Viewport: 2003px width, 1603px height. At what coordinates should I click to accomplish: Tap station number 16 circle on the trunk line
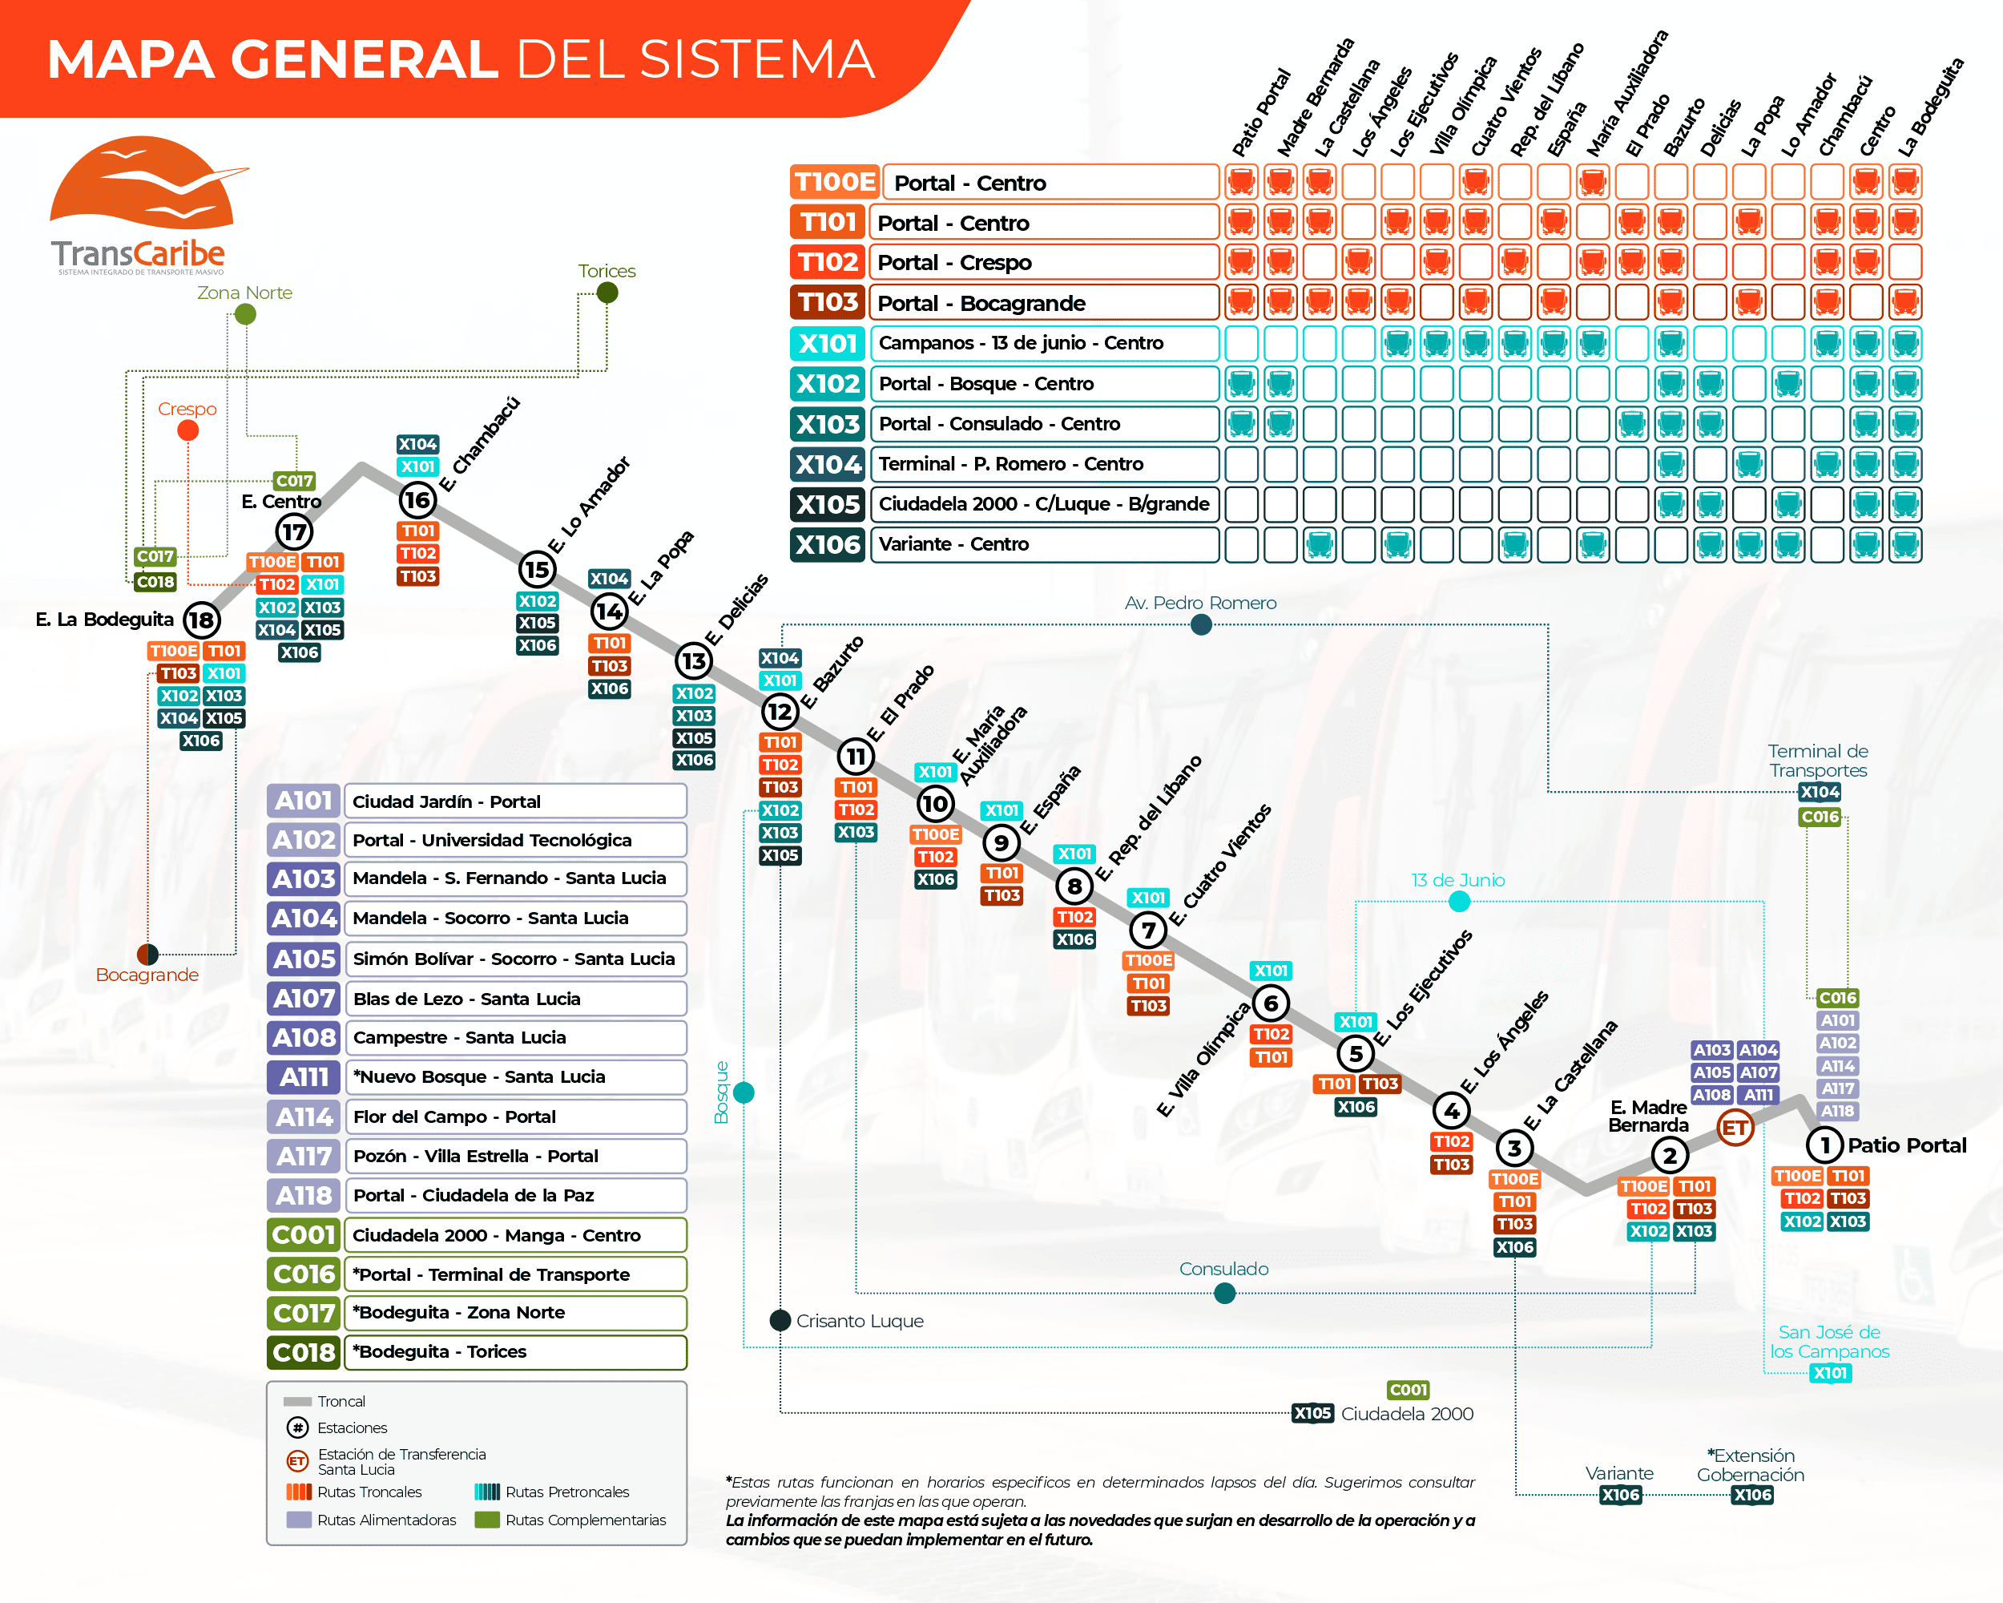pos(417,500)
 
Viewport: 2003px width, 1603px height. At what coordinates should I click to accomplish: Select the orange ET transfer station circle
pos(1735,1129)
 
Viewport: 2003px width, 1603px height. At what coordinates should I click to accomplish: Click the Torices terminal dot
pos(607,293)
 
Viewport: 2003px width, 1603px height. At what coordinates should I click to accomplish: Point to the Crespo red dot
pos(187,430)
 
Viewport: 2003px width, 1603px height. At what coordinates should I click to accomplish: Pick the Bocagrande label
pos(147,975)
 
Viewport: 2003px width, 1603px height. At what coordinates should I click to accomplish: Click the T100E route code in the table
pos(834,182)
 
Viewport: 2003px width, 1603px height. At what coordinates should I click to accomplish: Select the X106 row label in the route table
pos(828,544)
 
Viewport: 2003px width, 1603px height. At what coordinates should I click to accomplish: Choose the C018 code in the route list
pos(304,1352)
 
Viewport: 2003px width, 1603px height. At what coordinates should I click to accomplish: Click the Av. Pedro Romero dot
pos(1201,625)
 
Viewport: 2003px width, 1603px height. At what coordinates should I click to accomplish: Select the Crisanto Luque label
pos(860,1322)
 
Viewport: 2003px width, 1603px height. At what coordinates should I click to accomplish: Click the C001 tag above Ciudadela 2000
pos(1408,1390)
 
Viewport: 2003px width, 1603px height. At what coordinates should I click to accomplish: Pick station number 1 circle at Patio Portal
pos(1824,1145)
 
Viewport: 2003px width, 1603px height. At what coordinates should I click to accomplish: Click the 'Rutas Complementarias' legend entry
pos(586,1520)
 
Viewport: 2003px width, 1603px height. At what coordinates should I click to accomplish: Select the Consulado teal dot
pos(1224,1294)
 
